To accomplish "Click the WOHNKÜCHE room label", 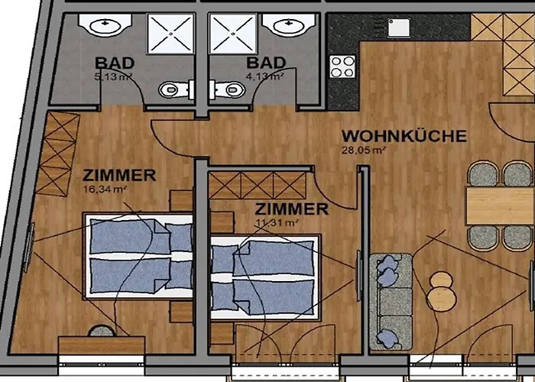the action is click(404, 136).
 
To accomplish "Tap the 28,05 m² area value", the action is click(364, 150).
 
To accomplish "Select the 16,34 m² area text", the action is click(105, 189).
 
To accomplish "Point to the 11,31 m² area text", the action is click(277, 223).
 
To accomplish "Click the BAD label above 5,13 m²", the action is click(115, 63).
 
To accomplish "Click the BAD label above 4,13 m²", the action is click(266, 63).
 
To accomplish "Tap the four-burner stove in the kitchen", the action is click(342, 66).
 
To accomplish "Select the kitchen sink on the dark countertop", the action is click(398, 28).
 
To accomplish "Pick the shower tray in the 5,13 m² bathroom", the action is click(170, 34).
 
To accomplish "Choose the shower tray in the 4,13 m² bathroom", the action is click(232, 34).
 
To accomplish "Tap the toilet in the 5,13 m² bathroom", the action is click(177, 89).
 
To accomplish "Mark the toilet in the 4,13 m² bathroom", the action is click(227, 89).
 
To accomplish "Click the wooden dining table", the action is click(500, 206).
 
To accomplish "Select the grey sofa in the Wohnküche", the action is click(391, 302).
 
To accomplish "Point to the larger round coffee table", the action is click(441, 299).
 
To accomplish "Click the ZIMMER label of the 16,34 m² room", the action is click(119, 175).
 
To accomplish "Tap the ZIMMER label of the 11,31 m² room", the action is click(292, 209).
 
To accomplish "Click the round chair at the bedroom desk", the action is click(102, 331).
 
